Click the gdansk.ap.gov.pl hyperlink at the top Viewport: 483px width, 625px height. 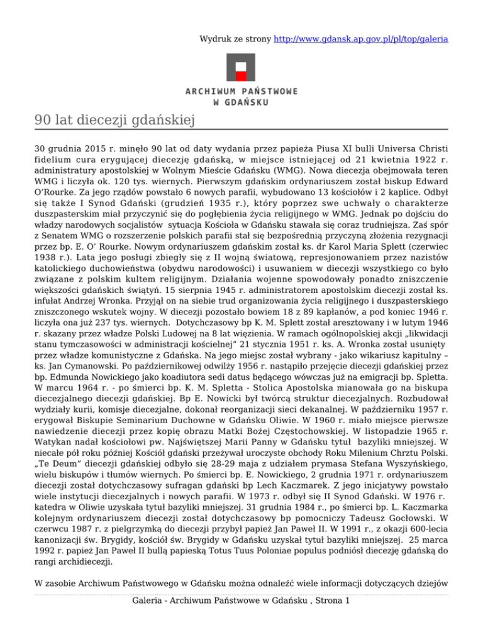pyautogui.click(x=361, y=39)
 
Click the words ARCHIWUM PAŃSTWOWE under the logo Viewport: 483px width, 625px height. pyautogui.click(x=241, y=92)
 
